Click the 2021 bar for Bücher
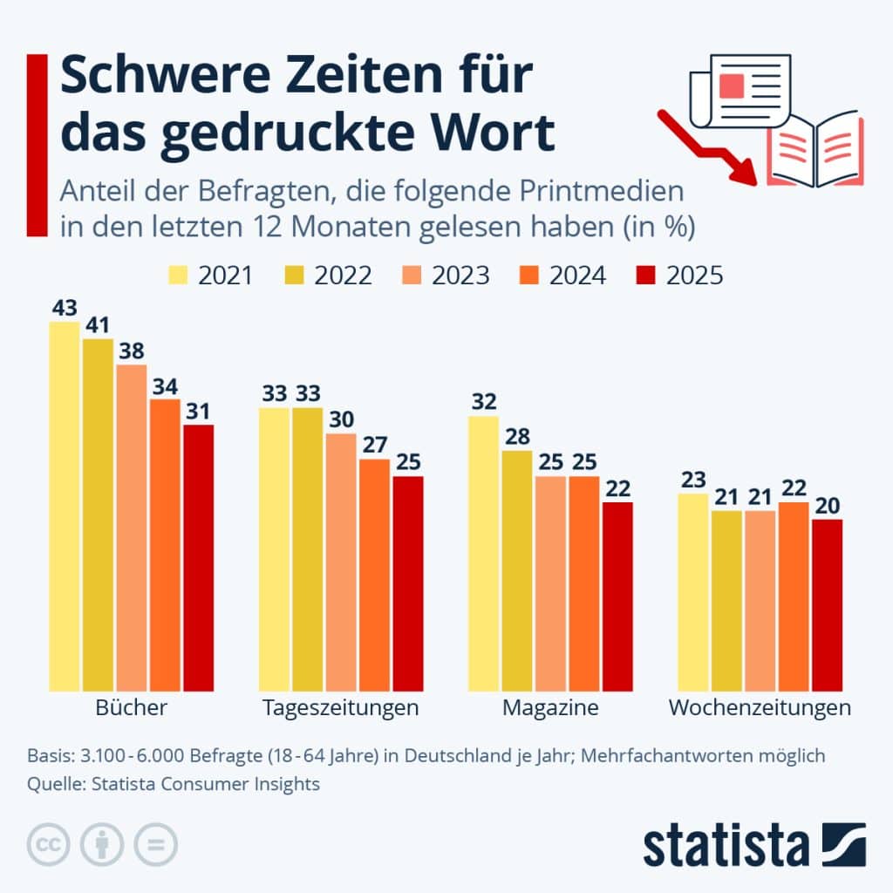tap(65, 506)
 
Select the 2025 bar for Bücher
tap(198, 558)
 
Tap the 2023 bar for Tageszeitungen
tap(341, 562)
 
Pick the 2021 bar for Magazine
tap(484, 553)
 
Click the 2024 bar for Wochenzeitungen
tap(793, 596)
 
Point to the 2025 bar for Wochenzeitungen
tap(827, 605)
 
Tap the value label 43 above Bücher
tap(65, 308)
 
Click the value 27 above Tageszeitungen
tap(374, 445)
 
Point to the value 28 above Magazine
tap(517, 436)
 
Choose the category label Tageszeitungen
tap(340, 707)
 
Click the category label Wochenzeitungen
tap(760, 707)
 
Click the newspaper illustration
tap(738, 92)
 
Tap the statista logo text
tap(726, 845)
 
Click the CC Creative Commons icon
tap(50, 844)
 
